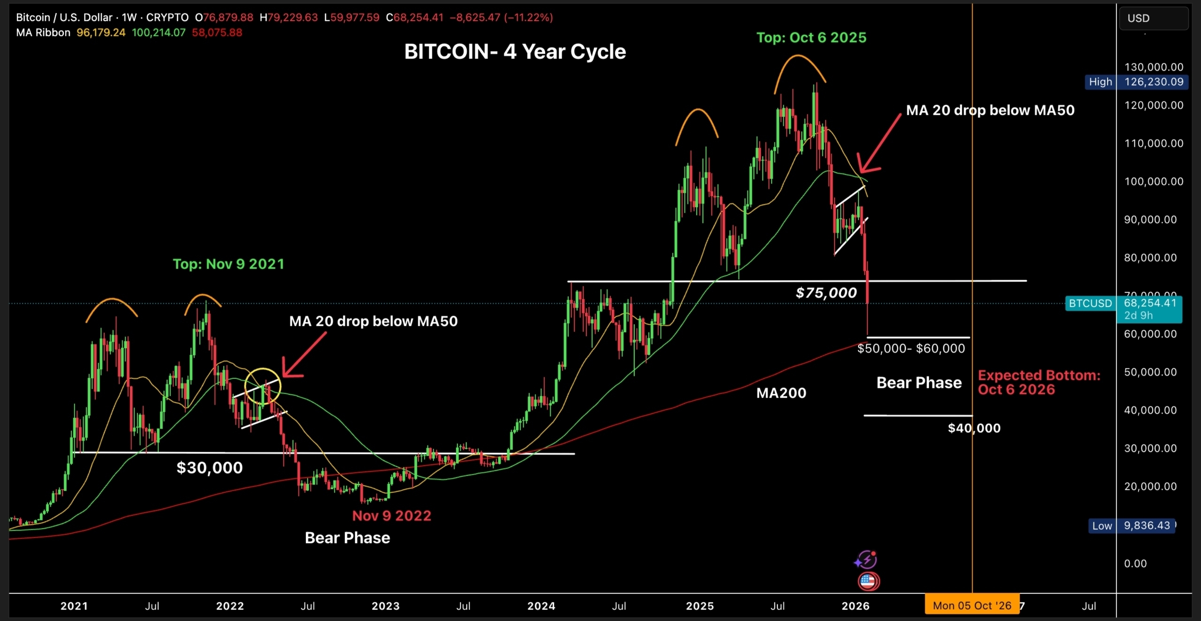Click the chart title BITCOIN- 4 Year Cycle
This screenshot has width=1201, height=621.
coord(515,52)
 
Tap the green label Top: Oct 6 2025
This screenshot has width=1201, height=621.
coord(811,38)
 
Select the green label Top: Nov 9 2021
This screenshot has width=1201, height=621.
coord(228,264)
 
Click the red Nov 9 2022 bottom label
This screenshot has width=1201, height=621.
coord(391,515)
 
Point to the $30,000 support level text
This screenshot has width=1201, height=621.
coord(209,468)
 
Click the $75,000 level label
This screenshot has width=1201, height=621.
coord(826,293)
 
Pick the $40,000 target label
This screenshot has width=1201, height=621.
coord(974,428)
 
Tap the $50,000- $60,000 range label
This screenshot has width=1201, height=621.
coord(911,348)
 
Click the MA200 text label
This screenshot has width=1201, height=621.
coord(781,393)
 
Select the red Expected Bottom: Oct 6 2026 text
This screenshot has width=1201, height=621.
coord(1039,382)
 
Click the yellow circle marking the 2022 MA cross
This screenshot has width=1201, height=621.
coord(263,386)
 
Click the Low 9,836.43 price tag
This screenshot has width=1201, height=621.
coord(1132,525)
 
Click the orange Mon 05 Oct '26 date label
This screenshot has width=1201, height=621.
coord(972,606)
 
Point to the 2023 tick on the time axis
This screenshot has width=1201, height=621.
coord(385,606)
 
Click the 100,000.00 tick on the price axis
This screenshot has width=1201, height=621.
coord(1153,181)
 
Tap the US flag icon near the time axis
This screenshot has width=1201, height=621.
coord(868,582)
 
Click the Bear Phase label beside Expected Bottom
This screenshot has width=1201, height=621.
coord(919,383)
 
